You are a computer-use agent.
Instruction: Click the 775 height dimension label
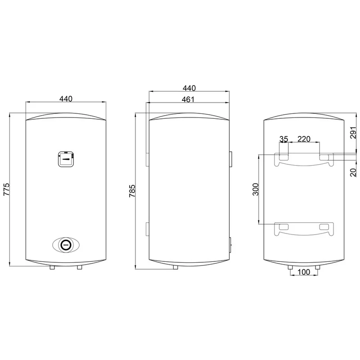click(6, 189)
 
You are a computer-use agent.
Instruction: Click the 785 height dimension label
click(132, 191)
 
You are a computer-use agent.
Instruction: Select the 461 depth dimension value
click(188, 99)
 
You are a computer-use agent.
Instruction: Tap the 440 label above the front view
click(66, 99)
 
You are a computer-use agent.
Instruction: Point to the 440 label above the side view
click(189, 88)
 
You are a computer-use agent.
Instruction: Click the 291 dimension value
click(354, 132)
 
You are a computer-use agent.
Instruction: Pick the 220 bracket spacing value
click(304, 139)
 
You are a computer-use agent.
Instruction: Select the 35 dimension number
click(283, 139)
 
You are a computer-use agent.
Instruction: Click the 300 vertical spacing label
click(256, 189)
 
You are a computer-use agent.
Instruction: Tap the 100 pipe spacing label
click(304, 272)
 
